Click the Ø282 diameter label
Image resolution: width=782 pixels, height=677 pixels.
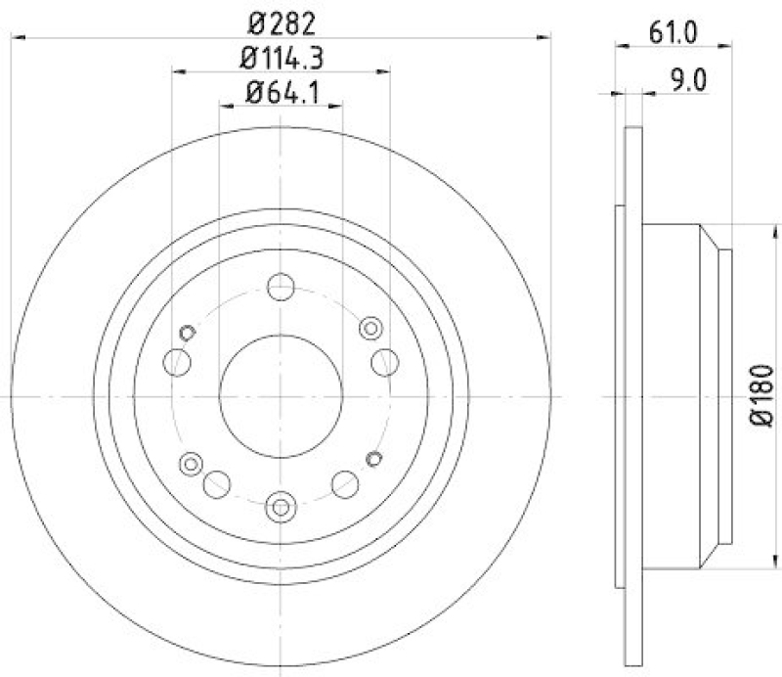coord(282,22)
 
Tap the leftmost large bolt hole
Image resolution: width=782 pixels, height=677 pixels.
coord(179,363)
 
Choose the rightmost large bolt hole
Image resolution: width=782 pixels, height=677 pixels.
coord(384,361)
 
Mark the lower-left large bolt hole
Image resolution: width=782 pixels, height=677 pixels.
coord(217,481)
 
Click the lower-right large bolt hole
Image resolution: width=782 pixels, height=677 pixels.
coord(346,481)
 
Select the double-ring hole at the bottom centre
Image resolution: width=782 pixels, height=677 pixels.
coord(282,506)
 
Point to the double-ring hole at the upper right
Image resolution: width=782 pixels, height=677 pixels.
coord(370,328)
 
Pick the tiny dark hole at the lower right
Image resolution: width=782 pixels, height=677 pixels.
coord(372,457)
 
